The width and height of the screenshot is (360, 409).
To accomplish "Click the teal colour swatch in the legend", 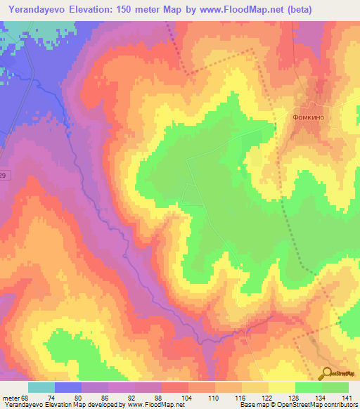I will (x=41, y=387).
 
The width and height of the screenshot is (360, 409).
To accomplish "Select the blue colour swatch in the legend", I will (x=68, y=387).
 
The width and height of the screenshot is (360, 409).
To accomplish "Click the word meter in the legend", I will (x=11, y=398).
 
